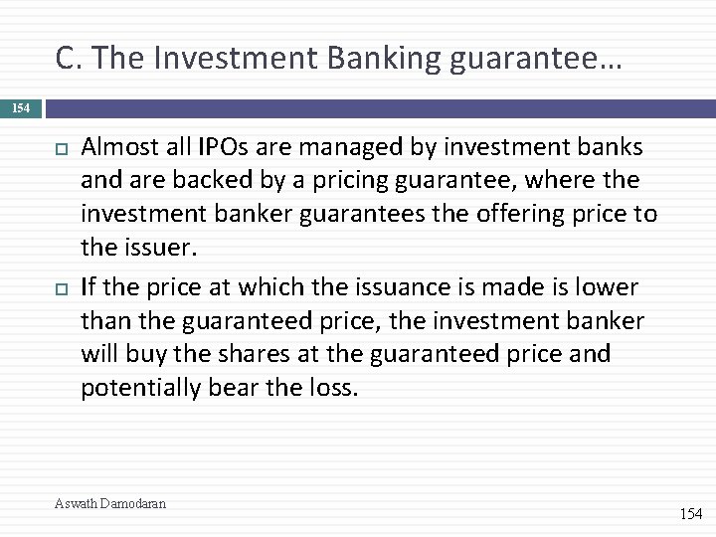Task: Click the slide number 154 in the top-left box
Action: point(21,106)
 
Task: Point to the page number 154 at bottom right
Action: point(690,514)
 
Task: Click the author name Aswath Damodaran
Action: point(110,503)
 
